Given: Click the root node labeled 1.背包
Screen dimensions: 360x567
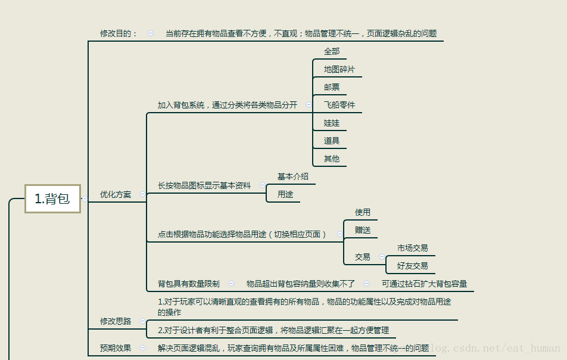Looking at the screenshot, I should (52, 199).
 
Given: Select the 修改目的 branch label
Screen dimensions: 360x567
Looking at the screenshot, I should (119, 33).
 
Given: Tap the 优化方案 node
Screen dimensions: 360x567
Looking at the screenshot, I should (116, 194).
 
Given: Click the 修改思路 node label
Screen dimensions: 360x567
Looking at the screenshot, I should (116, 321).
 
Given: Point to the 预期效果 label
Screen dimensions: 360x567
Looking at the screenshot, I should (116, 348).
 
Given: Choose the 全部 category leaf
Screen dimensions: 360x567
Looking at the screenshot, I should (332, 51).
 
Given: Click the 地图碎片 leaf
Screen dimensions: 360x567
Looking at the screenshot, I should (339, 69).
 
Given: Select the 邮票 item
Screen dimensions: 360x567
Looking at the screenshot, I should (332, 87).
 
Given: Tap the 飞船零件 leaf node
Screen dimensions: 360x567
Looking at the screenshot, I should (339, 105).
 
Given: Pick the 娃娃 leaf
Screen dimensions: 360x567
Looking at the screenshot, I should (332, 123).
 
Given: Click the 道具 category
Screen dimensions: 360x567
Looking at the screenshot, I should (332, 141).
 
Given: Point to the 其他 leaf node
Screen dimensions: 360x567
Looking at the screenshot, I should (332, 159).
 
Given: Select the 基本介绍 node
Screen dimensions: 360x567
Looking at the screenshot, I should (293, 176).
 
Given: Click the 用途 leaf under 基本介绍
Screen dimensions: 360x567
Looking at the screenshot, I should (285, 194).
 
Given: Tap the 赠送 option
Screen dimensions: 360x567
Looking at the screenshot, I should (363, 230).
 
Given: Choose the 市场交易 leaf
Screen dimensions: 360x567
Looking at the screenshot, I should (413, 248).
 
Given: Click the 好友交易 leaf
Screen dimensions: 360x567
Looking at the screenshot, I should (413, 266).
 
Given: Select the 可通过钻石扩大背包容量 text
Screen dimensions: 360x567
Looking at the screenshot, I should (424, 284).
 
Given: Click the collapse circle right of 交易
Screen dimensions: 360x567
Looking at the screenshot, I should (382, 257).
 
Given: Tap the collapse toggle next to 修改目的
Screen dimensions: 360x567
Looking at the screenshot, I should (150, 33).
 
